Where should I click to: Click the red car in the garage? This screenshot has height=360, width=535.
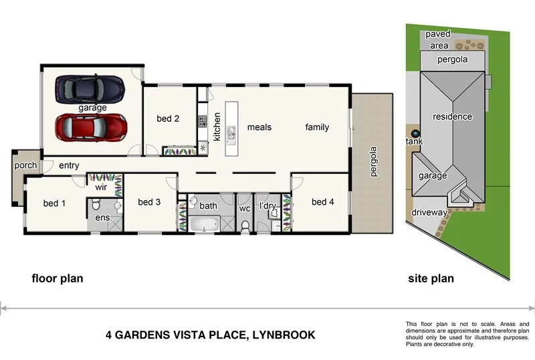91,126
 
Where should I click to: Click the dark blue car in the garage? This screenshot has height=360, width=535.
90,88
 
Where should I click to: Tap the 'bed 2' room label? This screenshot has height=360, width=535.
168,119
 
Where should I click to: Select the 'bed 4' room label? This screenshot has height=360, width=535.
322,201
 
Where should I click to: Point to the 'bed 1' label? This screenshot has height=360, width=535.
55,203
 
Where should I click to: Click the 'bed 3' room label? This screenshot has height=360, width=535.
149,202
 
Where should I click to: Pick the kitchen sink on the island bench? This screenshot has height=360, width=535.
231,134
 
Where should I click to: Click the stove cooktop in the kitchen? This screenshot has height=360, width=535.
202,122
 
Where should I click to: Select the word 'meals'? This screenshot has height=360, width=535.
259,127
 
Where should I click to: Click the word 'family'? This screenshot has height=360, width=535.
317,127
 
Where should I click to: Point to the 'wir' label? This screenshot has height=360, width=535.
101,188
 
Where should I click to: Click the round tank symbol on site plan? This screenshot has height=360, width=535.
414,134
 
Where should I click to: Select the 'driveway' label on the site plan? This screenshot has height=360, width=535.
429,213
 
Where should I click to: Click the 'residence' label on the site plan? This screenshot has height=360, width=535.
452,116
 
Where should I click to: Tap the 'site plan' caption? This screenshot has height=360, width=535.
431,278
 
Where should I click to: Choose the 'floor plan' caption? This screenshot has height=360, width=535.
58,278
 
